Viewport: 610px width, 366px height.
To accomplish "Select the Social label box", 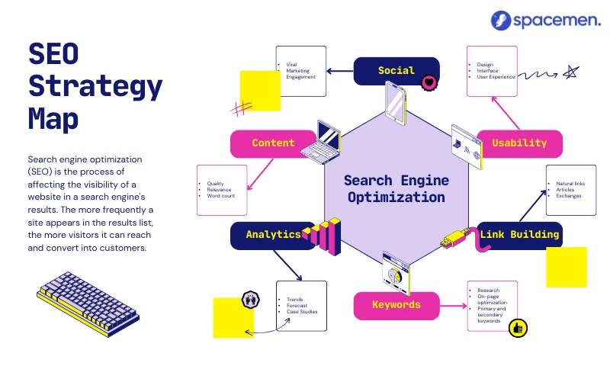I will tap(396, 71).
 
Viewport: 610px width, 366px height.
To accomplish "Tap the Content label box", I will tap(273, 143).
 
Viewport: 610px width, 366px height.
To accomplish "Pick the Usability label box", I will tap(519, 143).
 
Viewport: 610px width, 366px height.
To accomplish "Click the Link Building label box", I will tap(520, 235).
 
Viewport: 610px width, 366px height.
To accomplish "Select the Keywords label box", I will tap(396, 305).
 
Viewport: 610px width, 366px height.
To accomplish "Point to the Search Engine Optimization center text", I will tap(396, 188).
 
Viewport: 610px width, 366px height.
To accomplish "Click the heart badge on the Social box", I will tap(429, 81).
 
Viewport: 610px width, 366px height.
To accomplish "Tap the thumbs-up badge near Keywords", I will tap(518, 328).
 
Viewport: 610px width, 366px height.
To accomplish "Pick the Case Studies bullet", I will tap(302, 312).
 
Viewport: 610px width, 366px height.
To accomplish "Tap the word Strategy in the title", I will tap(95, 87).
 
